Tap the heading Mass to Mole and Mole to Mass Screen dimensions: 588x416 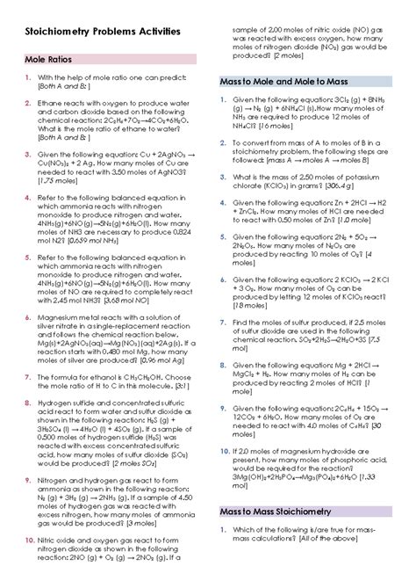point(284,82)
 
